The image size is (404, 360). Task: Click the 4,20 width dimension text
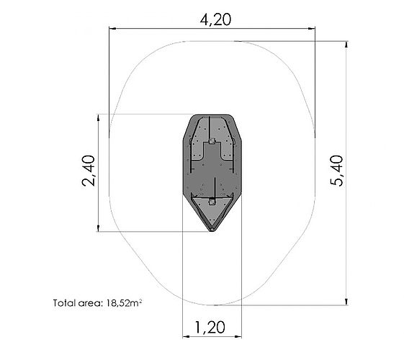(x=215, y=20)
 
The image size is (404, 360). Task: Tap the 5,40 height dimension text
(x=337, y=171)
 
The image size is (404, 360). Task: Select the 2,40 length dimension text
(x=89, y=171)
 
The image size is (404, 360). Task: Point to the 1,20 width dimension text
(x=210, y=328)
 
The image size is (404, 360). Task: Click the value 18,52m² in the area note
(x=124, y=303)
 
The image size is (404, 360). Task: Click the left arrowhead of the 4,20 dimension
(x=112, y=29)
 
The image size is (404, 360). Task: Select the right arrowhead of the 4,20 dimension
(x=312, y=29)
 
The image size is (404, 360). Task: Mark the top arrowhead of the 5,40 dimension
(x=347, y=45)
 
